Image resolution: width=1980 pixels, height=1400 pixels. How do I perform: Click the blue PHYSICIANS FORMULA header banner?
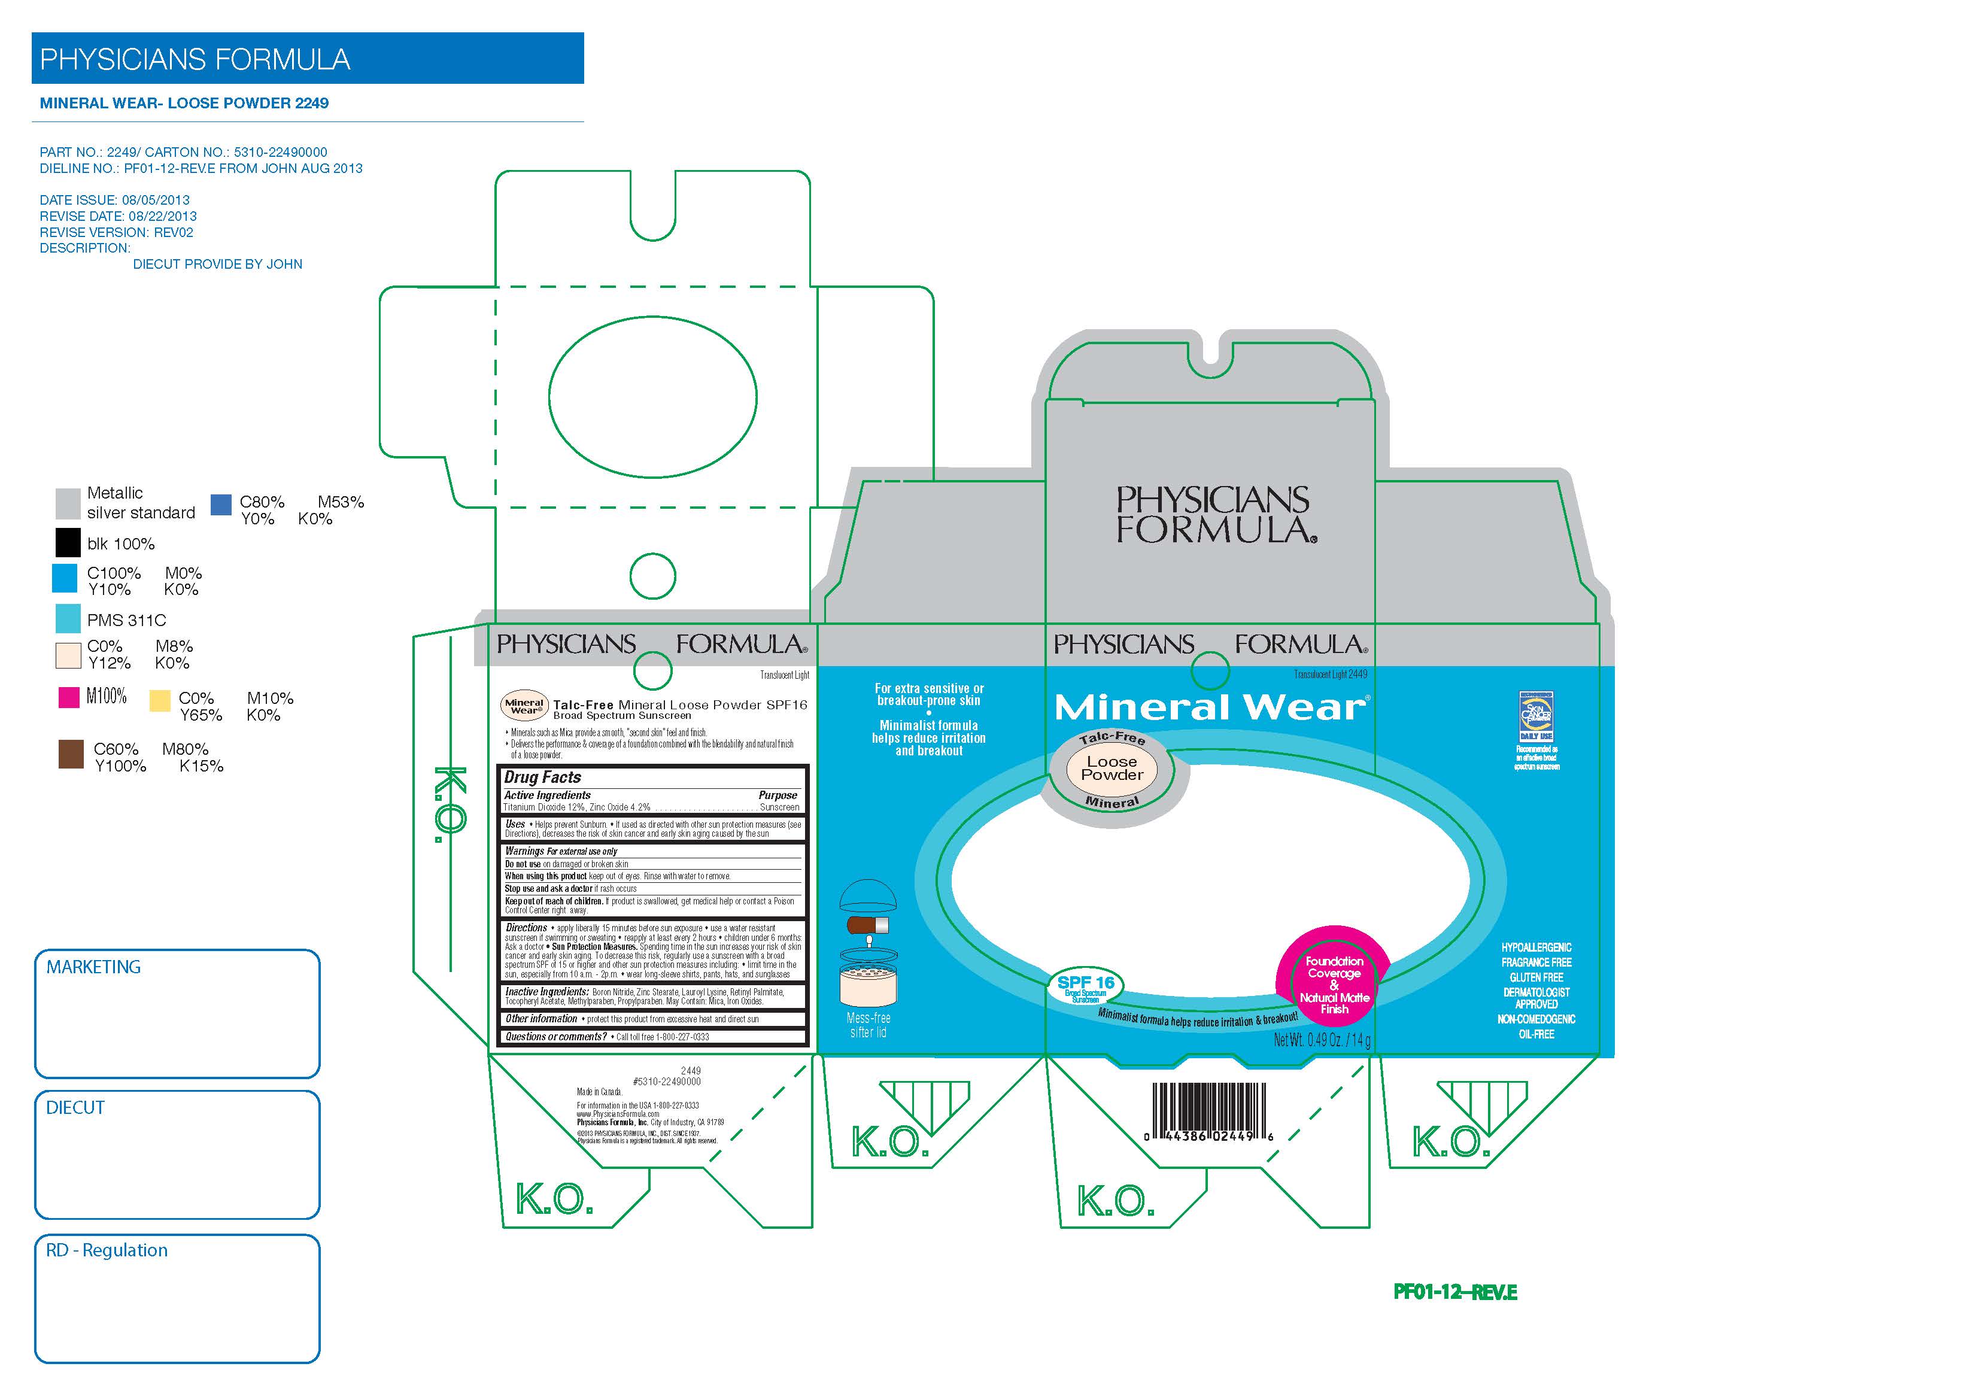[307, 59]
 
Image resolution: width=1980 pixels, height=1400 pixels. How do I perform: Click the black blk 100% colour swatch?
[68, 542]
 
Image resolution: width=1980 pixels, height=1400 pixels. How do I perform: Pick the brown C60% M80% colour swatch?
[71, 754]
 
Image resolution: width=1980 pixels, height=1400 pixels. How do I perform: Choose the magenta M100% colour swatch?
[69, 697]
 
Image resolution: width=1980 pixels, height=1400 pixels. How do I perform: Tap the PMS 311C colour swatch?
[68, 619]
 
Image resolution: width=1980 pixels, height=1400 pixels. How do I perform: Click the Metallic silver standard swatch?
[68, 503]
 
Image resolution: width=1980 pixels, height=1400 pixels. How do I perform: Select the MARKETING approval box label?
[93, 967]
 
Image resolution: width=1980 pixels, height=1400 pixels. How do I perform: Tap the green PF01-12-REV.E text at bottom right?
[1455, 1292]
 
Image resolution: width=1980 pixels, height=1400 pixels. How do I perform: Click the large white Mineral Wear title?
[1210, 708]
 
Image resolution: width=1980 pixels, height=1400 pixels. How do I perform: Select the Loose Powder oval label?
[1112, 769]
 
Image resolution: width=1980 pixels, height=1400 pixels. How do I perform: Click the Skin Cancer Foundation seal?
[1536, 716]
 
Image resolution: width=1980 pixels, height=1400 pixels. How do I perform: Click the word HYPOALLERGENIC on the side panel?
[1536, 947]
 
